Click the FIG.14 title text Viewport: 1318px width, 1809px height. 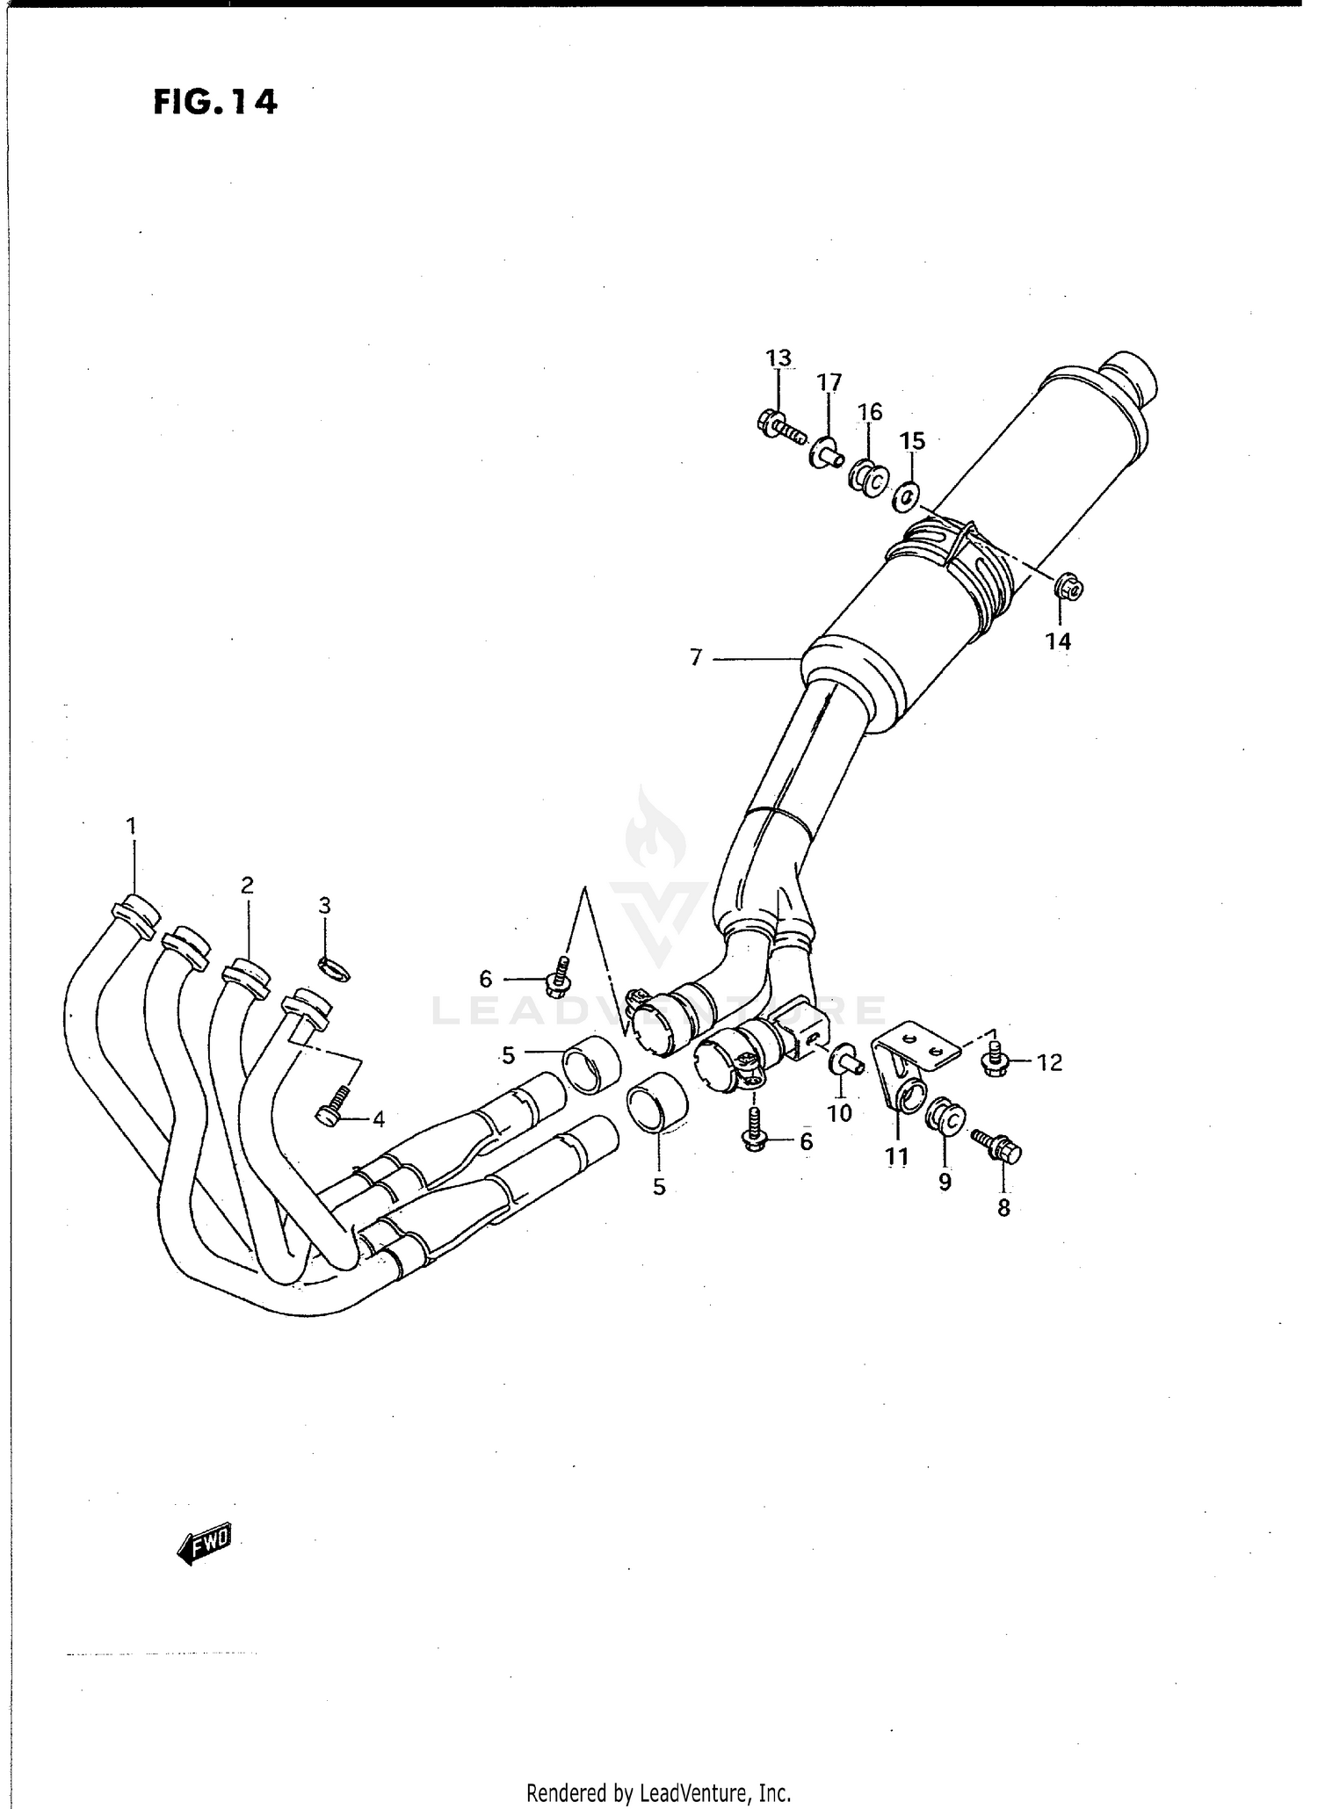click(215, 103)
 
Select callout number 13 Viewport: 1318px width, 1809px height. click(778, 358)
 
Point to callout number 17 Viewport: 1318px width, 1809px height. click(829, 382)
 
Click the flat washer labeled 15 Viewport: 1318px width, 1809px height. click(907, 498)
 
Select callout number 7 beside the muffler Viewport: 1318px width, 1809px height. click(696, 657)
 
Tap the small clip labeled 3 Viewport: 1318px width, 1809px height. click(334, 970)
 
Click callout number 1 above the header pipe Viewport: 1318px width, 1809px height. click(131, 826)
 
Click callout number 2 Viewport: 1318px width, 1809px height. click(247, 885)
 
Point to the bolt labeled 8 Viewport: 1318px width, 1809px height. click(998, 1146)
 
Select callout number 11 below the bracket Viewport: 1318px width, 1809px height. click(896, 1157)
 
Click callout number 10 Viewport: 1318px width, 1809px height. click(839, 1113)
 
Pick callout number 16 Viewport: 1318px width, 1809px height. click(869, 412)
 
